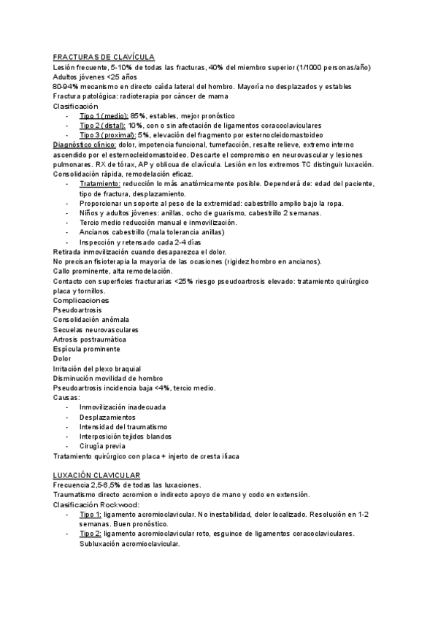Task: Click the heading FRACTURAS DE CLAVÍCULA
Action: [x=104, y=57]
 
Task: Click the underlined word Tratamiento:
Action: [x=100, y=184]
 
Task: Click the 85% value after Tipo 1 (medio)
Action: [x=138, y=116]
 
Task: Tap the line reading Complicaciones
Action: [x=81, y=300]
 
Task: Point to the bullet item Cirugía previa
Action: [x=102, y=446]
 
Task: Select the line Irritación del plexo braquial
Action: [x=97, y=369]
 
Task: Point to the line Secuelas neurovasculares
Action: [x=94, y=330]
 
